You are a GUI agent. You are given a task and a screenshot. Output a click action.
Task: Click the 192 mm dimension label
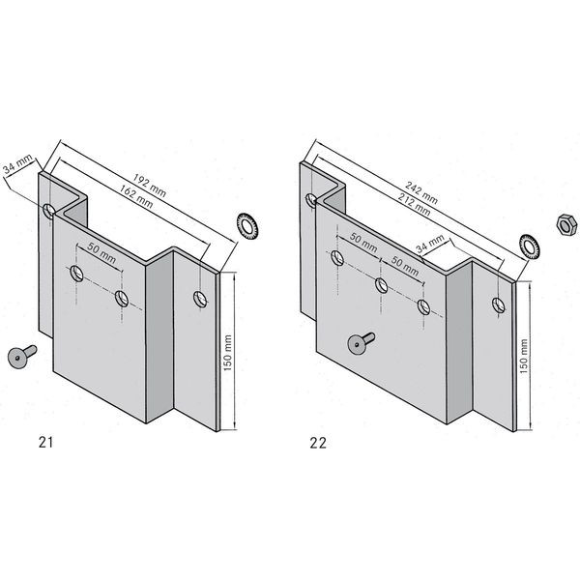click(150, 186)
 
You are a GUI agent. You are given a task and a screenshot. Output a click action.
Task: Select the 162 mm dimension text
click(136, 196)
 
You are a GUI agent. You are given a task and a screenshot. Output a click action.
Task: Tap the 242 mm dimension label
click(421, 192)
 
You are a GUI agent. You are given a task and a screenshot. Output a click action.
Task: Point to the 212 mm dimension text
click(414, 204)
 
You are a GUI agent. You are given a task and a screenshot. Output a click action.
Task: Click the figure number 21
click(45, 442)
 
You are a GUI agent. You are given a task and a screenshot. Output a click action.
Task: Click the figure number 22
click(318, 443)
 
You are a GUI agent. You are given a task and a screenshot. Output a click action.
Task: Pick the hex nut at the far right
click(566, 223)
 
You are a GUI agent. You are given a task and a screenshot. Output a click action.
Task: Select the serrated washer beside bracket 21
click(247, 225)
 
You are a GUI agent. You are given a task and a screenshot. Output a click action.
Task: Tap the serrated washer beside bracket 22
click(530, 247)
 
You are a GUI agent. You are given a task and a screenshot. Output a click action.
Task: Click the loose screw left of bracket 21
click(22, 356)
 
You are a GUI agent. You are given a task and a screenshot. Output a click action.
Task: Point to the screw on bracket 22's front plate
click(361, 342)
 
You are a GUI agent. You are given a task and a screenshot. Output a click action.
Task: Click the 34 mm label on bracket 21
click(17, 164)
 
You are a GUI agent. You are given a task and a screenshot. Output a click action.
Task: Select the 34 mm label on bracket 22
click(430, 245)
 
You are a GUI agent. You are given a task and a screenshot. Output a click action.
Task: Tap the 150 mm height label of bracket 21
click(227, 353)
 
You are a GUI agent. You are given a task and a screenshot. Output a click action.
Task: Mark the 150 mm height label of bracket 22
click(524, 356)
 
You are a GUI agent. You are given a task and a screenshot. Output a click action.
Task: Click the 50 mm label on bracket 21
click(101, 253)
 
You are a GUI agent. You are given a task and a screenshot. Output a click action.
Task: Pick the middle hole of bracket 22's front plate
click(382, 285)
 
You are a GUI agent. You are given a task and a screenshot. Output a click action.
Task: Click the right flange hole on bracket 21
click(200, 299)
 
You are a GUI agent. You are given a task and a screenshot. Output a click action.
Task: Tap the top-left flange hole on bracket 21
click(49, 211)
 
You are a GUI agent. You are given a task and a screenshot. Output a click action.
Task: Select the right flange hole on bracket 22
click(499, 304)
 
